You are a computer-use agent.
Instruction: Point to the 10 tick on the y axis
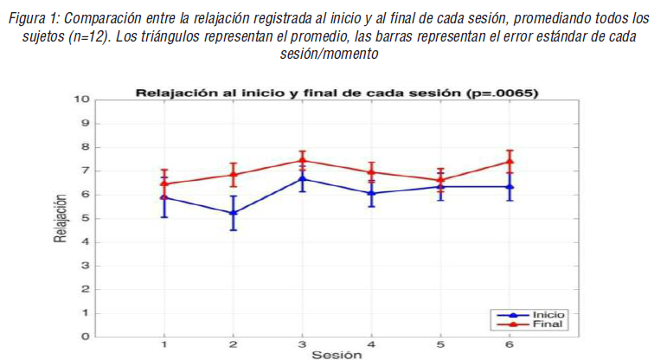tap(83, 99)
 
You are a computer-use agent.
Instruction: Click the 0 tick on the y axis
tap(86, 337)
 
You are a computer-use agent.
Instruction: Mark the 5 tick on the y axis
tap(86, 217)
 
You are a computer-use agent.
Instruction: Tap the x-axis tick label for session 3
tap(302, 344)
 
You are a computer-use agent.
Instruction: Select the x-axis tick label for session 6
tap(510, 344)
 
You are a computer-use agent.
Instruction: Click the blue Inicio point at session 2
tap(233, 213)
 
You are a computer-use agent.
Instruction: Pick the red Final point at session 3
tap(302, 160)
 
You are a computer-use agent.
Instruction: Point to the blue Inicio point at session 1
tap(164, 197)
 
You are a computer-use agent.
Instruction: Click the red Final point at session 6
tap(510, 161)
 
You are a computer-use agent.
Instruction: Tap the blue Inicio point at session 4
tap(371, 193)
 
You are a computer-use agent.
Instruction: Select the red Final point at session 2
tap(233, 175)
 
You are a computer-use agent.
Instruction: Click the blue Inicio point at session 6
tap(510, 186)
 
